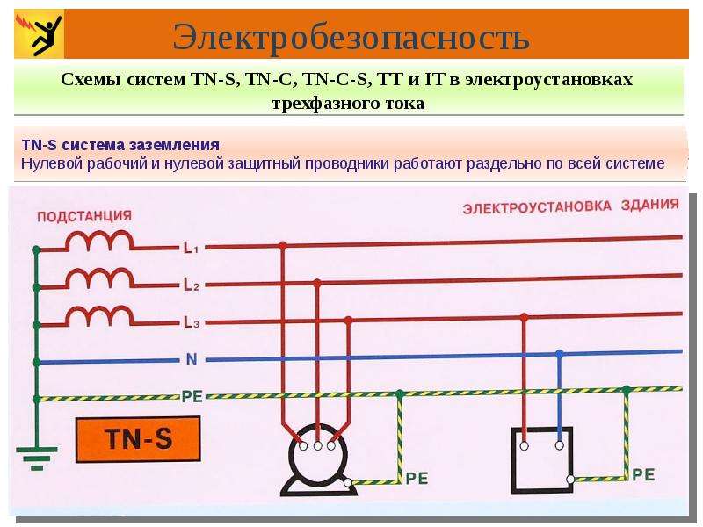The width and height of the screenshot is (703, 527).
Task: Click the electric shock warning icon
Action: click(x=39, y=34)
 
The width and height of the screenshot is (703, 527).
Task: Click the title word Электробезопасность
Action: click(x=351, y=37)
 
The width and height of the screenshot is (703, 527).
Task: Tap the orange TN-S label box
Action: click(x=138, y=439)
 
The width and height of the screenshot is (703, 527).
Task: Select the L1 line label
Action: click(x=191, y=248)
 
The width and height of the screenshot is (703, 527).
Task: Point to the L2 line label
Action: click(x=191, y=285)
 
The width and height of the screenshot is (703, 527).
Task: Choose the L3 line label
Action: click(x=191, y=322)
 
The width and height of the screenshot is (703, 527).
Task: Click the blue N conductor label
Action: click(x=192, y=359)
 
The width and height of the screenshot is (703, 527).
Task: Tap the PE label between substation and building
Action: click(x=192, y=397)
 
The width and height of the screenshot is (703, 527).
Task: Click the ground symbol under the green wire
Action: click(x=37, y=458)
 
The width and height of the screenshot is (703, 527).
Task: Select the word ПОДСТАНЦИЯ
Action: click(x=84, y=216)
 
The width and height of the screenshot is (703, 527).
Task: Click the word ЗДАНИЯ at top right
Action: click(x=649, y=205)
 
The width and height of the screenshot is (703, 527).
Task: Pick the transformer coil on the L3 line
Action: click(x=99, y=316)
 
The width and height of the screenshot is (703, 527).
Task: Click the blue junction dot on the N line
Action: click(x=559, y=354)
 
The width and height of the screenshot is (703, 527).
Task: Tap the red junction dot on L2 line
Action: click(x=317, y=283)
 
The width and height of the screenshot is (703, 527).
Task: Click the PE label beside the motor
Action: click(x=417, y=479)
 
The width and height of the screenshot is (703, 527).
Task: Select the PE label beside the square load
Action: click(x=643, y=475)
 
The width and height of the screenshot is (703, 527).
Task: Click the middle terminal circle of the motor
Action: click(x=317, y=446)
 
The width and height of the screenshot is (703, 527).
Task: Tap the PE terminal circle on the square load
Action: click(x=570, y=479)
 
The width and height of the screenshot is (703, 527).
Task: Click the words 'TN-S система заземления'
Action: click(x=120, y=145)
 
